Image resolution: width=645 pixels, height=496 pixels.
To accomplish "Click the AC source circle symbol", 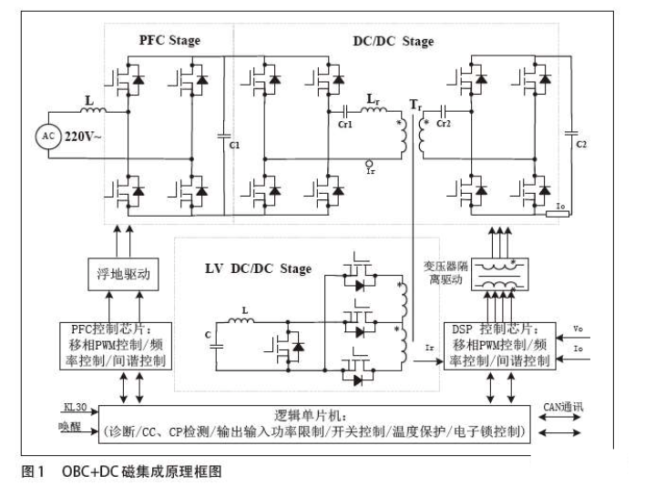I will coord(48,136).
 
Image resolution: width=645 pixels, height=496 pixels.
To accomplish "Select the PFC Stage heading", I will coord(169,40).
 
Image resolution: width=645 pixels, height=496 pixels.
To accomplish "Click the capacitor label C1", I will coord(234,146).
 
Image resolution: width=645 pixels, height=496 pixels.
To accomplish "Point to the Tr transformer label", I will coord(416,106).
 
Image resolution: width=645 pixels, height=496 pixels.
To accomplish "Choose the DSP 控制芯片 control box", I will coord(498,344).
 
